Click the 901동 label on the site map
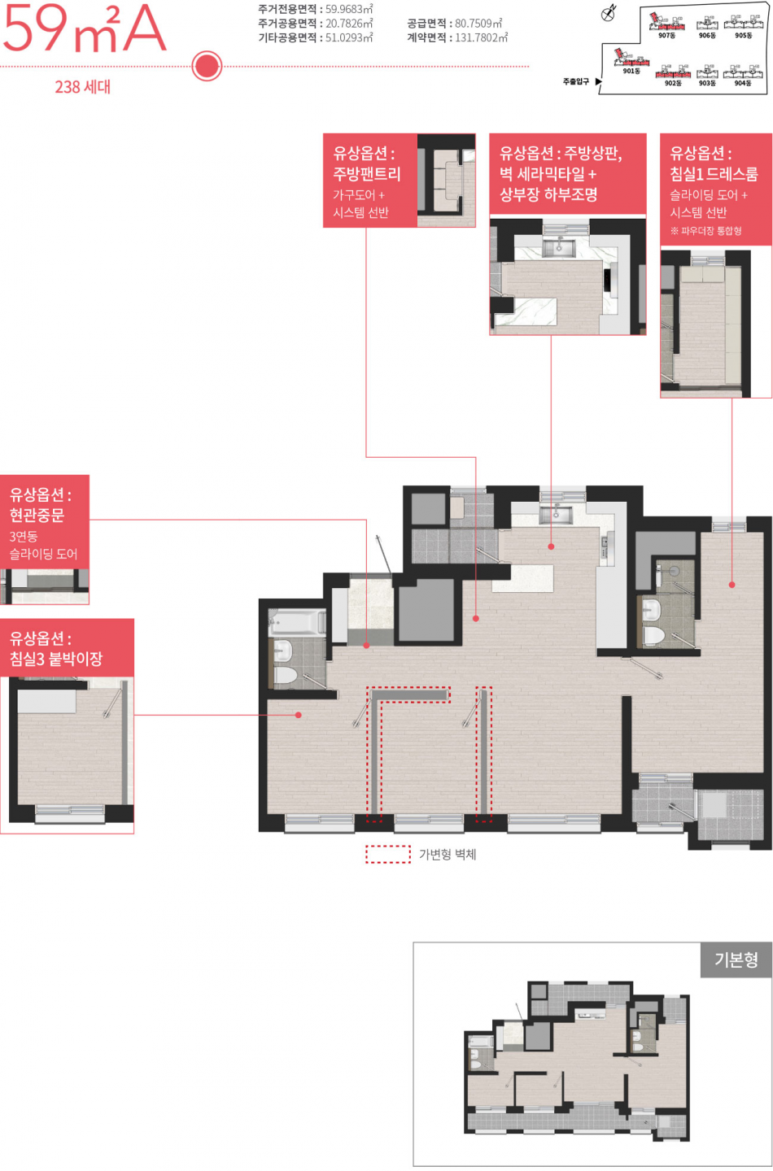(x=631, y=71)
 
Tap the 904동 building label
(x=743, y=83)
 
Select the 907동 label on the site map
(x=667, y=36)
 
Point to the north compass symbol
(x=609, y=14)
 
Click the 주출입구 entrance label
(x=576, y=81)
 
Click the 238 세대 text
(x=83, y=87)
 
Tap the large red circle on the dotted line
(x=207, y=66)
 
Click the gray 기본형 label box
(x=736, y=960)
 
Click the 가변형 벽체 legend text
(x=448, y=854)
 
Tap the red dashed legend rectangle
(x=388, y=854)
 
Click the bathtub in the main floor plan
(x=296, y=622)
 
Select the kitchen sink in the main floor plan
(x=556, y=515)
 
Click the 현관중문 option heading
(x=37, y=515)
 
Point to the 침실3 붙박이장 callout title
(x=56, y=659)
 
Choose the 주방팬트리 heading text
(x=367, y=173)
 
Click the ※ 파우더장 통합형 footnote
(x=706, y=231)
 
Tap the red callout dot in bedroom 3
(x=299, y=715)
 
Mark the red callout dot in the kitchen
(x=551, y=546)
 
